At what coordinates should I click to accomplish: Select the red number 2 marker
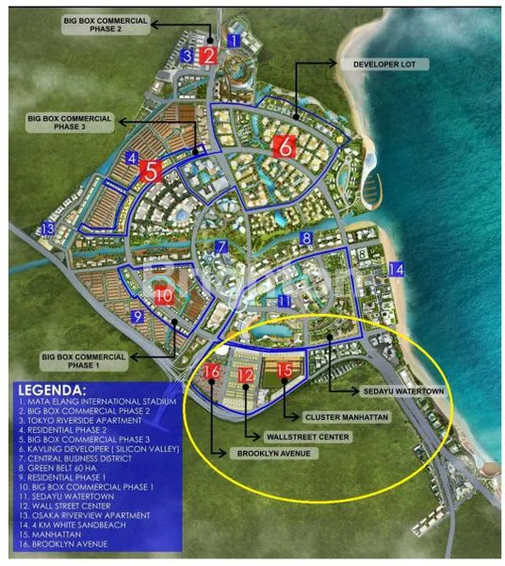tap(209, 55)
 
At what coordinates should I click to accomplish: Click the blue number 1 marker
tap(235, 40)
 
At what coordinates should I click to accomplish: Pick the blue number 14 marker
tap(397, 271)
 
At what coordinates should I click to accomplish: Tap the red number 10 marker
tap(163, 295)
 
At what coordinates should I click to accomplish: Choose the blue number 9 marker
tap(138, 317)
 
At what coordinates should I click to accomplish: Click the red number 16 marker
tap(212, 373)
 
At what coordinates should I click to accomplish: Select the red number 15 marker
tap(285, 371)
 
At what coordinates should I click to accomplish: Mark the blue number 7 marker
tap(220, 247)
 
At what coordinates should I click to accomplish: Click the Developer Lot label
tap(390, 64)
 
